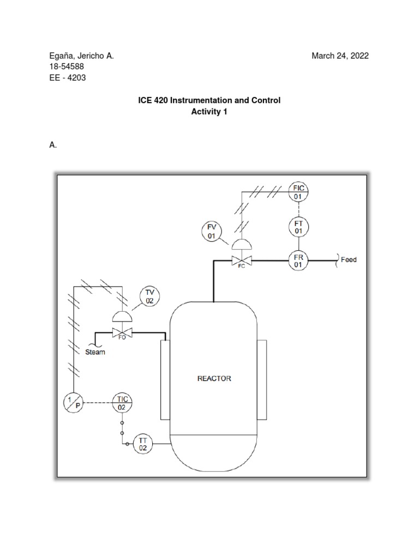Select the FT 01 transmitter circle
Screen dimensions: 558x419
[298, 227]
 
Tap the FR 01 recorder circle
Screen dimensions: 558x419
[298, 260]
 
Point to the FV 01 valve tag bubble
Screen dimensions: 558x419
[211, 232]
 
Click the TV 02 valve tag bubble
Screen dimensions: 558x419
[149, 296]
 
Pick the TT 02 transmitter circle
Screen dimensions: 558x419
[143, 443]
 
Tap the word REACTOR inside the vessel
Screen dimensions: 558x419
[214, 379]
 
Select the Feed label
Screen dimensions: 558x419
[349, 260]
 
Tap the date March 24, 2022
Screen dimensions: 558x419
[340, 56]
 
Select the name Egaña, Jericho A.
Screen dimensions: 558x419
[81, 56]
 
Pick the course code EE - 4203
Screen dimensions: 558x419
[68, 77]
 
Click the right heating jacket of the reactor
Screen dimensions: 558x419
[261, 379]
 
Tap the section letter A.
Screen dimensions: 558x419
[53, 145]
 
